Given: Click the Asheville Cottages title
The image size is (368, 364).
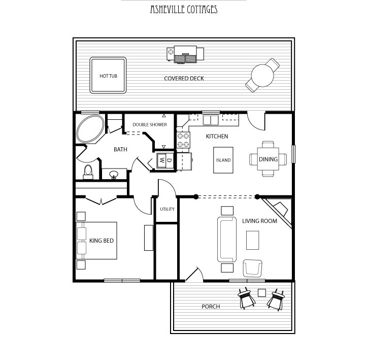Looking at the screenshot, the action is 184,10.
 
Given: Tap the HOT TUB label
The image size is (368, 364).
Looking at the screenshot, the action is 108,76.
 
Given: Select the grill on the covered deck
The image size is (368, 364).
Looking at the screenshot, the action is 185,54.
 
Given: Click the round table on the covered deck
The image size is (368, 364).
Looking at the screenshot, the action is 262,76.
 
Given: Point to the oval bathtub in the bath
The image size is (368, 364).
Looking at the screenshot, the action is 90,128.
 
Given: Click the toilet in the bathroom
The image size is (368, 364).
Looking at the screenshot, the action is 88,172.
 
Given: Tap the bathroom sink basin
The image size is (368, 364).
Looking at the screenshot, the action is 114,174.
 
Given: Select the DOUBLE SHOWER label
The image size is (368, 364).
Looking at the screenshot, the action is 150,124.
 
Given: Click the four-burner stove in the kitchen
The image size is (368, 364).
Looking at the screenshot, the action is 183,140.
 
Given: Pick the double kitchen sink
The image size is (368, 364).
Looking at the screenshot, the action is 211,120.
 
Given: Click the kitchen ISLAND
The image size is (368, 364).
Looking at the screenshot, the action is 223,160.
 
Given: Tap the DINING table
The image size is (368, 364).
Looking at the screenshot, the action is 268,159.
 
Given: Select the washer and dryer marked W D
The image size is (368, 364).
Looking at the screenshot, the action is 165,160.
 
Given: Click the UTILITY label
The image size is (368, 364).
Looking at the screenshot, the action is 168,209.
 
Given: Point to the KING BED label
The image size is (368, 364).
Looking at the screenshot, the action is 102,241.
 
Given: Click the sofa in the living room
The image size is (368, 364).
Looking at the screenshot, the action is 227,240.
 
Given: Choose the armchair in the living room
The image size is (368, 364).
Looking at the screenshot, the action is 253,268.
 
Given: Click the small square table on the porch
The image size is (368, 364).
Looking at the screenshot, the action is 262,293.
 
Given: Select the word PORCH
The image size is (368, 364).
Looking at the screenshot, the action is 211,307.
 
